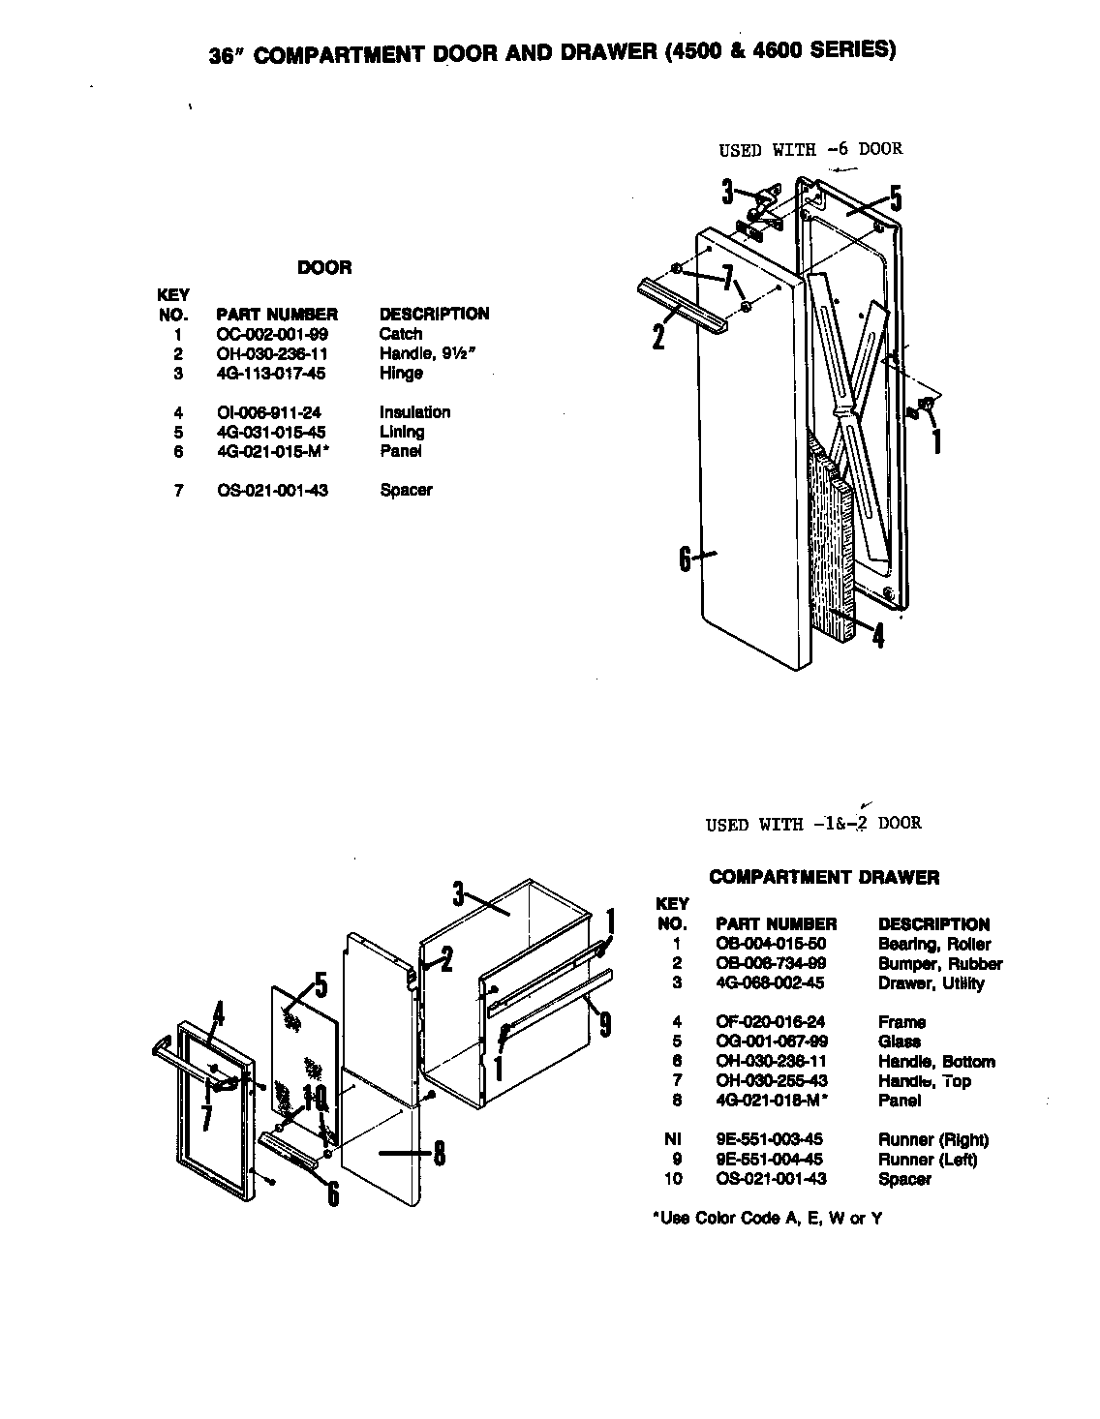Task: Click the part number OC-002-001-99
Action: [272, 334]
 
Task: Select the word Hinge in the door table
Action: [401, 373]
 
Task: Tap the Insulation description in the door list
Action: [414, 412]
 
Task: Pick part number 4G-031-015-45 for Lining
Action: [271, 432]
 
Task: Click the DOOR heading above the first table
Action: [324, 268]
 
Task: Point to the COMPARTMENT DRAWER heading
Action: [824, 878]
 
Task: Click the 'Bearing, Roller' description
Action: [934, 944]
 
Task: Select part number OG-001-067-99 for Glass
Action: [772, 1042]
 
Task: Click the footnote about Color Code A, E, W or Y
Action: [767, 1219]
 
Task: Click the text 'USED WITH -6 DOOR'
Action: [810, 149]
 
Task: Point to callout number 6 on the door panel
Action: [685, 559]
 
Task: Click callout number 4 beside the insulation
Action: [877, 636]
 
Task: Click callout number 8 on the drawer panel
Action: [439, 1154]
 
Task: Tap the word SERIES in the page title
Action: [846, 49]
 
